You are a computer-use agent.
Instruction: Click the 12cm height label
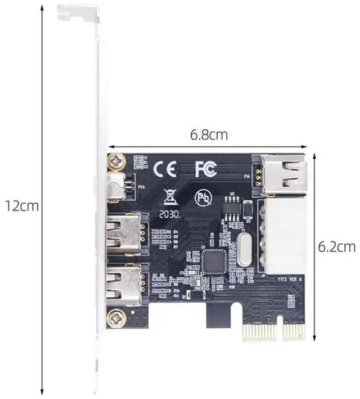point(21,205)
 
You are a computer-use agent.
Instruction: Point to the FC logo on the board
point(205,168)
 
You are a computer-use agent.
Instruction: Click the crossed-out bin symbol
point(168,197)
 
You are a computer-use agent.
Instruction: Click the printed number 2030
point(169,214)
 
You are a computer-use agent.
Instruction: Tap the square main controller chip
point(214,259)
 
